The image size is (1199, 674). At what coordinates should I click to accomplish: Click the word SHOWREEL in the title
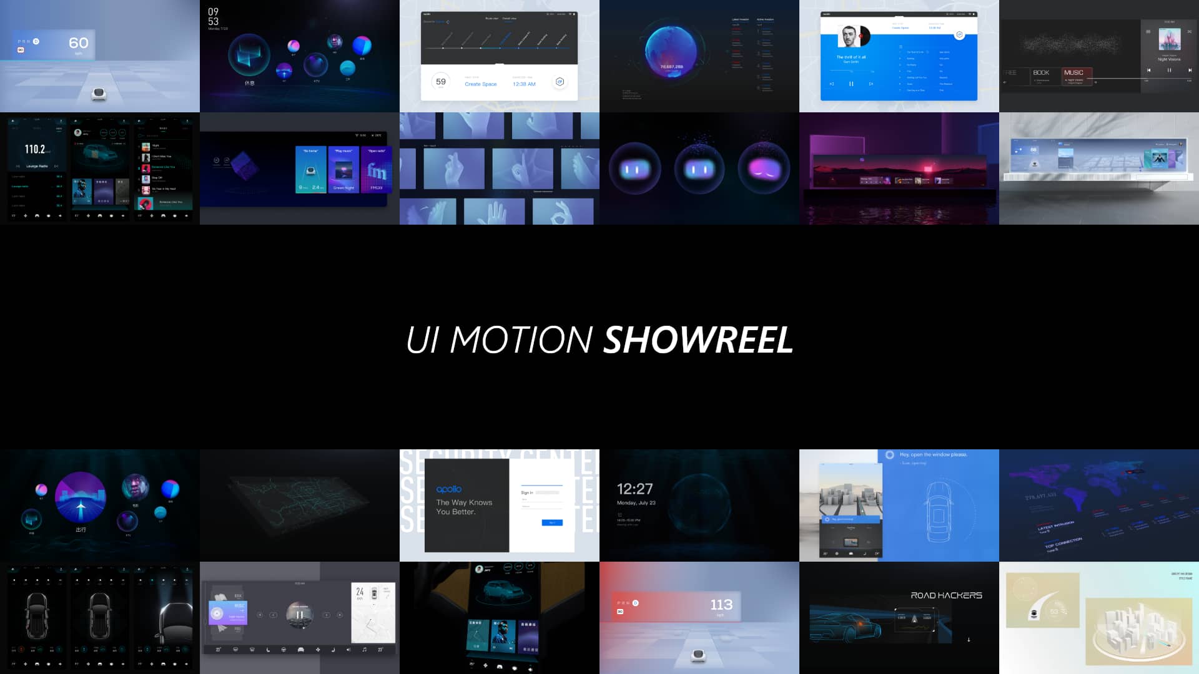tap(698, 340)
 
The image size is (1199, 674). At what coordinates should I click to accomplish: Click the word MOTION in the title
tap(521, 340)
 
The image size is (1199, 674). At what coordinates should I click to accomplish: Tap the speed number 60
tap(79, 43)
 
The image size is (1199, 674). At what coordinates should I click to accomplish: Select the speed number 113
tap(721, 605)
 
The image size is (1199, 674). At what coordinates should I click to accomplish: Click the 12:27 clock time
tap(634, 489)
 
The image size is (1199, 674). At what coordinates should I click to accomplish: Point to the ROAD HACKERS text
tap(946, 595)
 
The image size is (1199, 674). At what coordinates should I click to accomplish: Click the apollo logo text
tap(449, 489)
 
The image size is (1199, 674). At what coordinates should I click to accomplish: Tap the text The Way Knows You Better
tap(464, 507)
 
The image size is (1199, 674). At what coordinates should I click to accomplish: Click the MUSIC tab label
tap(1073, 73)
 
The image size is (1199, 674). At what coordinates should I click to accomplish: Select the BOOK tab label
tap(1041, 73)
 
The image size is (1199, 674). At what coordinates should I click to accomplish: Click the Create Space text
tap(480, 84)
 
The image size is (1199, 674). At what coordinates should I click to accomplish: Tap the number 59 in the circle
tap(441, 82)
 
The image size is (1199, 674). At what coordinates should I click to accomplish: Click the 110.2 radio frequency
tap(35, 149)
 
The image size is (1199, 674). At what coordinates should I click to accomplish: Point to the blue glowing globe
tap(671, 56)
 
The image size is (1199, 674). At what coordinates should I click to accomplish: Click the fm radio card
tap(377, 169)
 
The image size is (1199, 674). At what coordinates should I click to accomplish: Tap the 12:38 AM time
tap(524, 84)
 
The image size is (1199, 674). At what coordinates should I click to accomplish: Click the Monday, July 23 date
tap(636, 503)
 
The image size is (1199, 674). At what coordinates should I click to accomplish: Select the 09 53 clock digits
tap(213, 17)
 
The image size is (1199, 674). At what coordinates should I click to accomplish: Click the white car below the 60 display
tap(99, 94)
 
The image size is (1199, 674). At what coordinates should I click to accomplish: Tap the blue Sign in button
tap(552, 523)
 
